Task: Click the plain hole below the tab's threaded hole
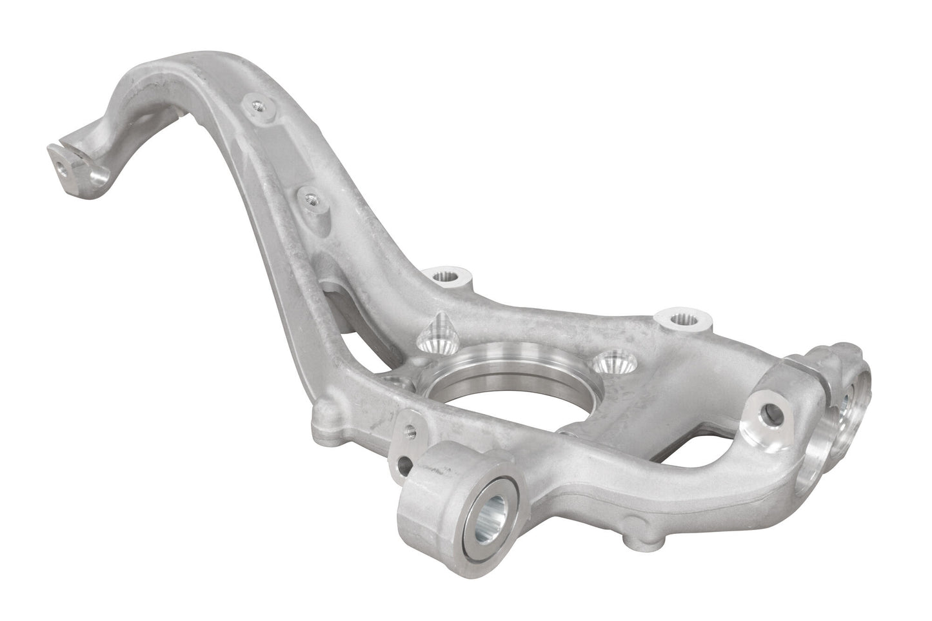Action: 404,463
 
